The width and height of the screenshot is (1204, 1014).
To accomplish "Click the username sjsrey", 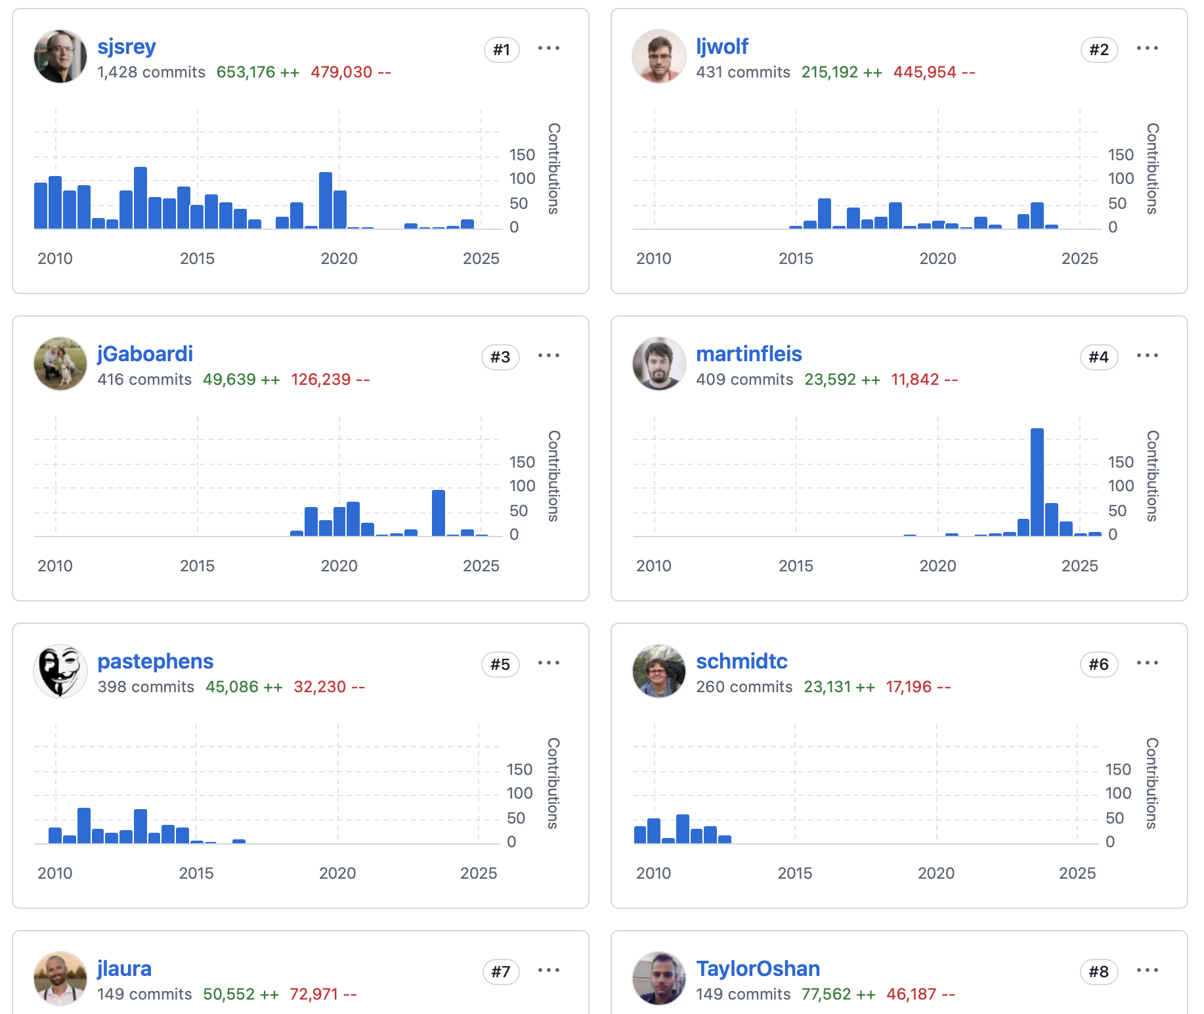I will pyautogui.click(x=127, y=47).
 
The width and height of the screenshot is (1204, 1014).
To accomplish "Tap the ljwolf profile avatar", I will pyautogui.click(x=658, y=56).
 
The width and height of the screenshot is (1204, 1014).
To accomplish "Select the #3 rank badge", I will pyautogui.click(x=500, y=357).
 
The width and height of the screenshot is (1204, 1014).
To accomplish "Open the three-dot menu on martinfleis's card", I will pyautogui.click(x=1147, y=355).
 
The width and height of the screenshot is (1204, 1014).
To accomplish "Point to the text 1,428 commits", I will pyautogui.click(x=151, y=72).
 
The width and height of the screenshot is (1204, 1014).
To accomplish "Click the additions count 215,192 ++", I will pyautogui.click(x=842, y=72).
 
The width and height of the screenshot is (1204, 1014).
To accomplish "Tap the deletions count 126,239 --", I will pyautogui.click(x=330, y=380).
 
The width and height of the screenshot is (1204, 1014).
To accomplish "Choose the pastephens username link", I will pyautogui.click(x=156, y=661).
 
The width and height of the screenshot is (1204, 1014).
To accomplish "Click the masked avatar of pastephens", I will pyautogui.click(x=60, y=671).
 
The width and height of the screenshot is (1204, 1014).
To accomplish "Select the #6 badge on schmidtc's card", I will pyautogui.click(x=1098, y=664).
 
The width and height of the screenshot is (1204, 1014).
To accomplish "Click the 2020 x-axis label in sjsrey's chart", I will pyautogui.click(x=339, y=259).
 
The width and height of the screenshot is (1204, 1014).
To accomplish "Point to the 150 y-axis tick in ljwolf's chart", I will pyautogui.click(x=1121, y=155).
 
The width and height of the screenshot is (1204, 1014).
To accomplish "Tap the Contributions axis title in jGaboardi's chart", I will pyautogui.click(x=554, y=476).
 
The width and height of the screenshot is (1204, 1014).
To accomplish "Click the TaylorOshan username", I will pyautogui.click(x=758, y=969).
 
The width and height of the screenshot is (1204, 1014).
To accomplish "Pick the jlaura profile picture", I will pyautogui.click(x=60, y=978).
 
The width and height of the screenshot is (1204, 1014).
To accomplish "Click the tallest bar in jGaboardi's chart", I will pyautogui.click(x=438, y=513).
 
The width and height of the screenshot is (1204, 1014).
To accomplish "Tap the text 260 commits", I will pyautogui.click(x=744, y=687).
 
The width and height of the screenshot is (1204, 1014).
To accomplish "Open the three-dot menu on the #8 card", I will pyautogui.click(x=1147, y=970).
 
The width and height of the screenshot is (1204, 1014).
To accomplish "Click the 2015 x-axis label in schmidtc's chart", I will pyautogui.click(x=794, y=873).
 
